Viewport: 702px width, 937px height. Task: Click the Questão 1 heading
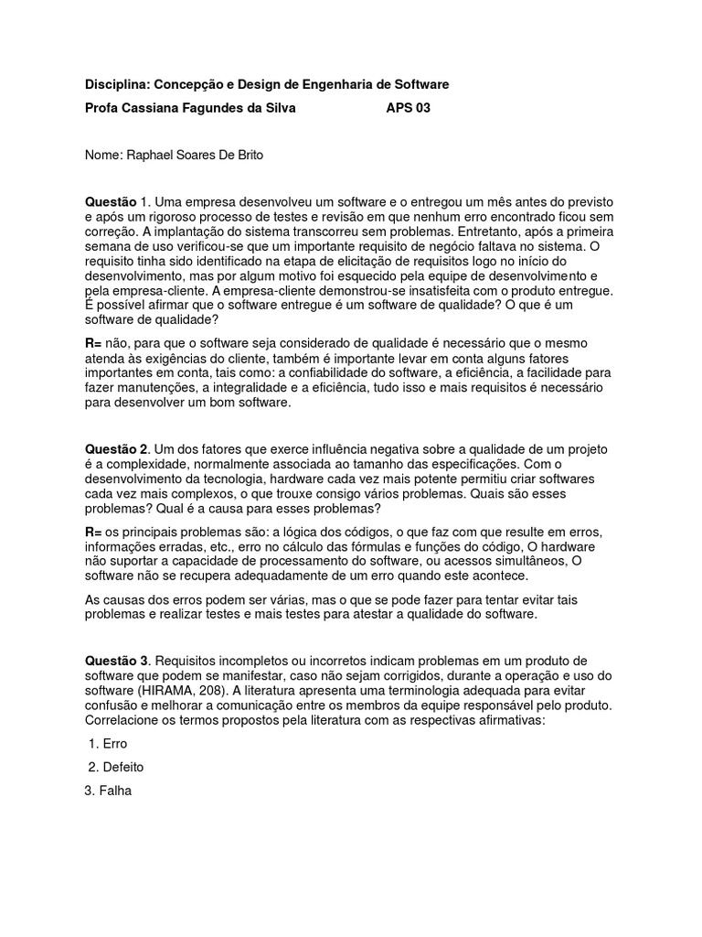tap(116, 201)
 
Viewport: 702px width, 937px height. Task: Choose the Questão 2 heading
tap(116, 449)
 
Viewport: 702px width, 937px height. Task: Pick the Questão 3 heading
tap(116, 661)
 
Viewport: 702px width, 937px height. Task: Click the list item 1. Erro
tap(109, 744)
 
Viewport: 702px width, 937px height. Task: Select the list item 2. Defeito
tap(117, 768)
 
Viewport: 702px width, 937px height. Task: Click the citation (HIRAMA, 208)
tap(189, 691)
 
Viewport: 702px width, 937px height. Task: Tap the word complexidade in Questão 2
tap(135, 465)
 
